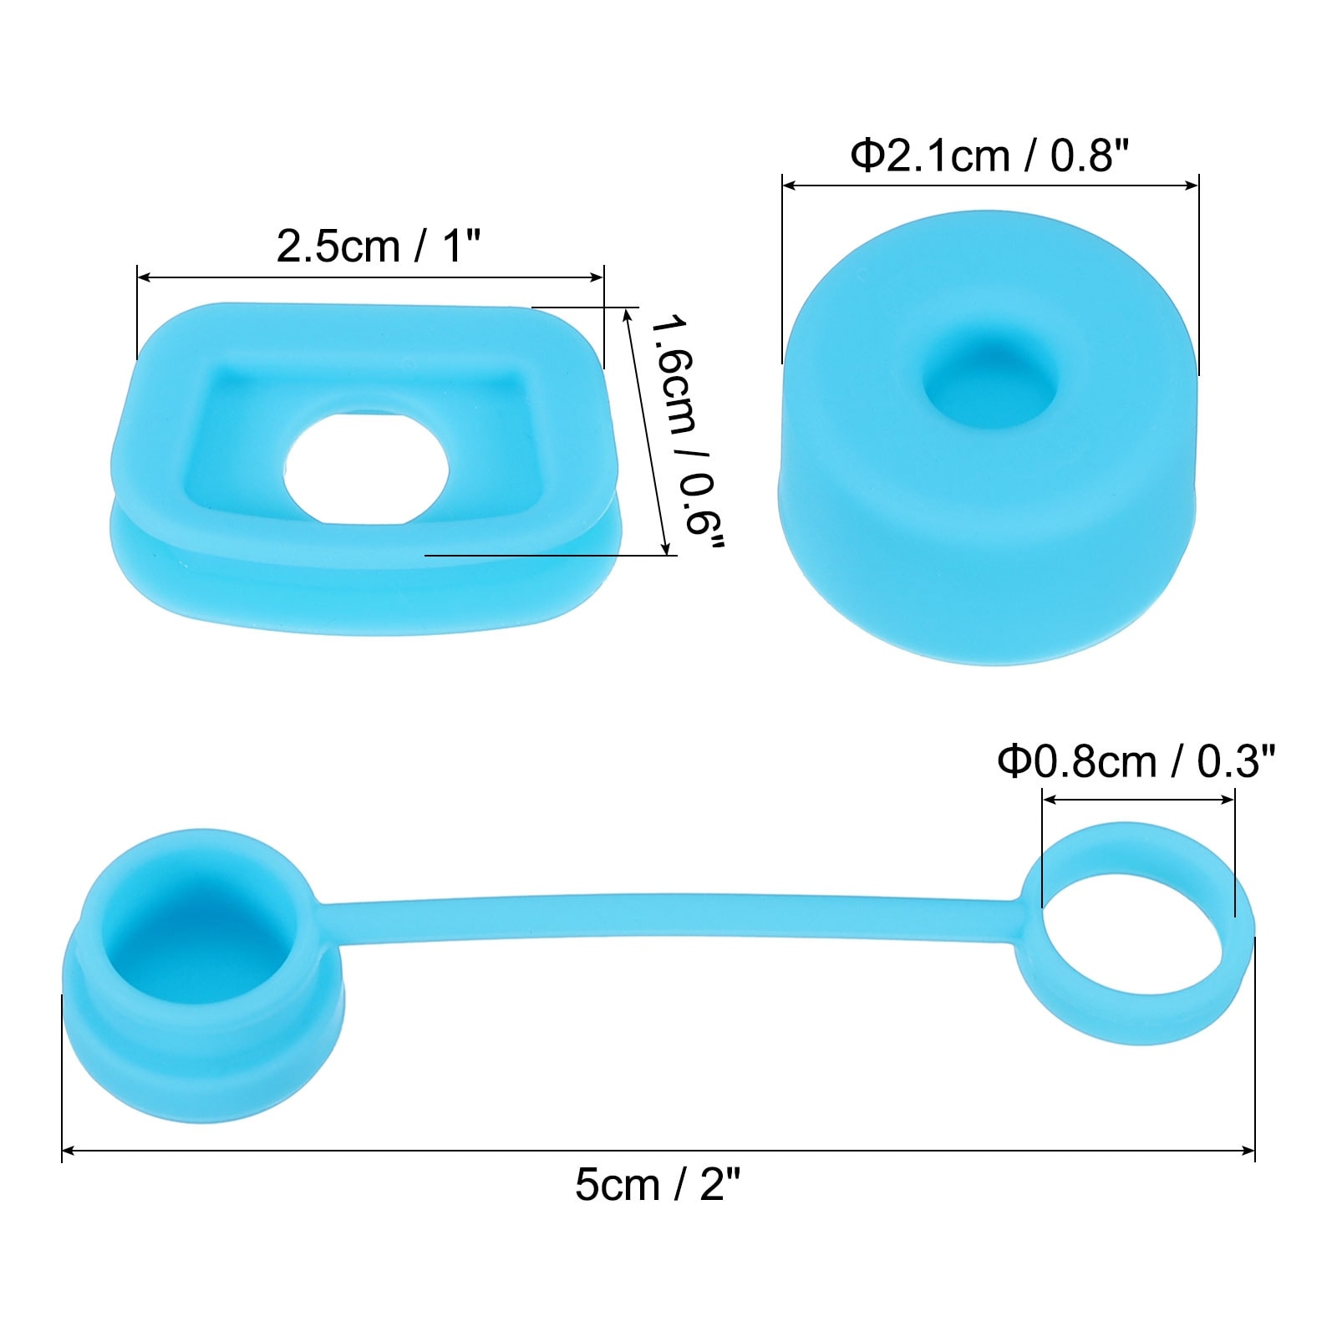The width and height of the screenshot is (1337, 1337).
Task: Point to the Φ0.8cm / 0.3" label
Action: click(x=1137, y=761)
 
